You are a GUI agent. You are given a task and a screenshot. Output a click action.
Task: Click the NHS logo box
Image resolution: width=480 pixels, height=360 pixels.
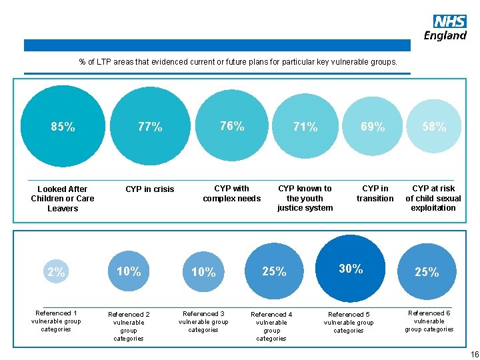[449, 21]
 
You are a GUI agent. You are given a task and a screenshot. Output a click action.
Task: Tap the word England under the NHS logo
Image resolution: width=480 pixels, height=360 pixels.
[445, 35]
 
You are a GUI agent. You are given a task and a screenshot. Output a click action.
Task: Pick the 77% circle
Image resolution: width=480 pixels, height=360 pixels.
[150, 127]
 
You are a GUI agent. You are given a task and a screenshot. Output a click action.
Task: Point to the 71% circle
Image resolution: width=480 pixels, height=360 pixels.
[305, 127]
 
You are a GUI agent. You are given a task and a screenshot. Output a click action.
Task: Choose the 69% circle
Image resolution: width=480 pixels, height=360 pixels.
[373, 127]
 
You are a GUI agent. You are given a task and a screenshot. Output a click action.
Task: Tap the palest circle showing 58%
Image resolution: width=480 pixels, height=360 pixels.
[434, 127]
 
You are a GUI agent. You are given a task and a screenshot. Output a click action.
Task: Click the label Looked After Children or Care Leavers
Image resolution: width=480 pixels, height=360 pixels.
[63, 199]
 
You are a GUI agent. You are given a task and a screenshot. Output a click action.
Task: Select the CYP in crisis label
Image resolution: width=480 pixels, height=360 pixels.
[150, 189]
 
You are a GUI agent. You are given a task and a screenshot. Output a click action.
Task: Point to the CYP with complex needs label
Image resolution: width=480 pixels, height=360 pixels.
[231, 193]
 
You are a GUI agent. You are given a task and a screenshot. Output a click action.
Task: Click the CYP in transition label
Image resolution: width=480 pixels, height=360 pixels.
[375, 193]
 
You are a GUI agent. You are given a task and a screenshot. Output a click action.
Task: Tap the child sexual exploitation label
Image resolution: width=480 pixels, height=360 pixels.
[433, 198]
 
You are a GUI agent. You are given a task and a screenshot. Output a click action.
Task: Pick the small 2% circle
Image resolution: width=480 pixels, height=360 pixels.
[57, 272]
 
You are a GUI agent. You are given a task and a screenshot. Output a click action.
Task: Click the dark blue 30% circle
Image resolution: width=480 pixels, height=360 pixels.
[351, 269]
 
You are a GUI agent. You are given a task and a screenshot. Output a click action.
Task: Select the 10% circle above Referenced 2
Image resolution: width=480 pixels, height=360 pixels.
[129, 271]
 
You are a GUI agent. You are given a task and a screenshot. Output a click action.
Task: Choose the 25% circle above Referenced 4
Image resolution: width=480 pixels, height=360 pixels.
[274, 271]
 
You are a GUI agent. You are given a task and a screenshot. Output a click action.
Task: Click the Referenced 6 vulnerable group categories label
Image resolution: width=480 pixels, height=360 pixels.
[429, 321]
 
